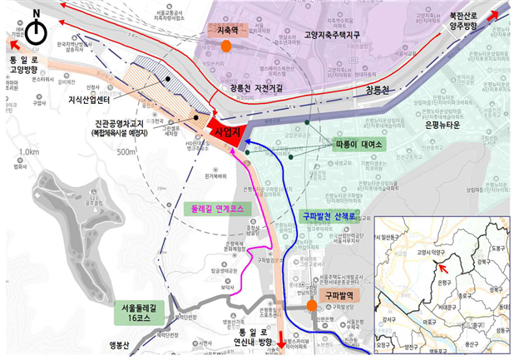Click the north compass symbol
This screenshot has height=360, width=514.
[36, 32]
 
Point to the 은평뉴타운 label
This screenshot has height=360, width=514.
[432, 123]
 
